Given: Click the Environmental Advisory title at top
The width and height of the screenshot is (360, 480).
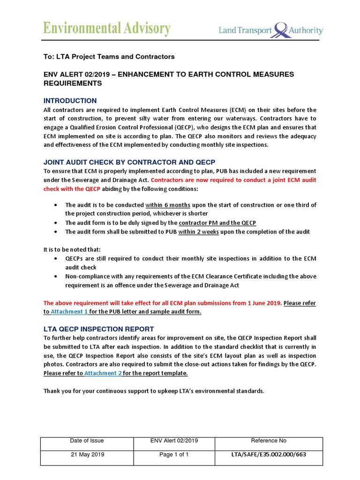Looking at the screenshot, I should pos(107,29).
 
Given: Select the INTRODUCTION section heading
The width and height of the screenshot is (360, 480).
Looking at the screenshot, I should pos(70,101).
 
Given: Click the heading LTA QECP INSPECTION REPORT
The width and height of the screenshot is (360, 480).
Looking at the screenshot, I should pos(98,329).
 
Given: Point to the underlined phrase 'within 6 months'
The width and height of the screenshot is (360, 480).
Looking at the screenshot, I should pos(168,205).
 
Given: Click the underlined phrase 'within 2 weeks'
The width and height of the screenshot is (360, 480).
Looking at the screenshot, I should pos(199,232).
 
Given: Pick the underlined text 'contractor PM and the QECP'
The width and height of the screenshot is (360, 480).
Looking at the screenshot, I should pos(217,223).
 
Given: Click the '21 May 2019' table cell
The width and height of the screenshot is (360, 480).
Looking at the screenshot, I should pos(87,455).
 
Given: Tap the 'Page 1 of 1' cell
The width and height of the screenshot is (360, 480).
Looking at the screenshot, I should pos(174,455).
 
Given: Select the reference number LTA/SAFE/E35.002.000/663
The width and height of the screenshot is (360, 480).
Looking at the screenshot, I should pos(269,455).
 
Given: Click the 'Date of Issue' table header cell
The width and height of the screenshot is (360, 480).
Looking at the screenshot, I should pos(87,441).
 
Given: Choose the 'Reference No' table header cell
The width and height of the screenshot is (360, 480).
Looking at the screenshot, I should pos(269,441).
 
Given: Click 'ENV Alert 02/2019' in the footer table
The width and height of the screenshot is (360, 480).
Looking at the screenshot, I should pos(174,441).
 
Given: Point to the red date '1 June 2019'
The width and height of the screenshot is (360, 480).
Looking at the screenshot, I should pos(263,303).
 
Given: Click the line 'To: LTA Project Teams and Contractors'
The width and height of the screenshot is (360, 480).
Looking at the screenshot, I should pos(109,57).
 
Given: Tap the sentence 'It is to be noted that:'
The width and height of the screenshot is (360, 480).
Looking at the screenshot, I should pos(72,249).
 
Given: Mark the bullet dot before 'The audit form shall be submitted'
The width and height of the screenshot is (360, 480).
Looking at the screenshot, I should pos(56,232).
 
